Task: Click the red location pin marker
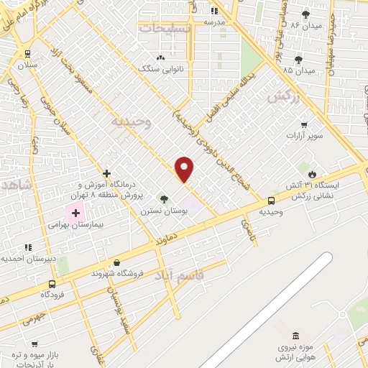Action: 185,168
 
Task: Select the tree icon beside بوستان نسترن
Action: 164,199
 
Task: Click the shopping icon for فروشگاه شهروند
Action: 117,262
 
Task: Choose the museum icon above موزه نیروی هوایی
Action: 296,336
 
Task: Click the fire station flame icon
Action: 312,174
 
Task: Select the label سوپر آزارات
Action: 303,135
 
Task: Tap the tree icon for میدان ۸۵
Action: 299,60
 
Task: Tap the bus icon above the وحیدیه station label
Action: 271,201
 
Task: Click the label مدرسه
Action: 215,22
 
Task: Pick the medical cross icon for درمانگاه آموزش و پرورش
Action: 106,173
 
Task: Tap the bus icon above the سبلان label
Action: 27,53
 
